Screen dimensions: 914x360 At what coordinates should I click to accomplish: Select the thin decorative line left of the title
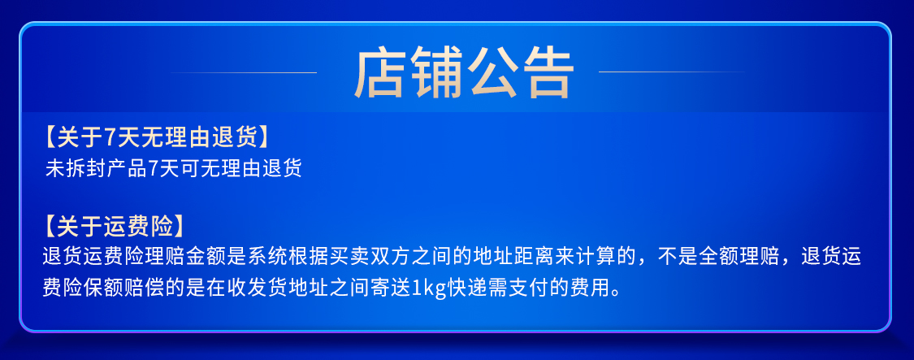(243, 73)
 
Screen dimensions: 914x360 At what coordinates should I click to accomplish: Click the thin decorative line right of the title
(672, 72)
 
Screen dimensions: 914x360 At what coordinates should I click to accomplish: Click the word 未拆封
(73, 168)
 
